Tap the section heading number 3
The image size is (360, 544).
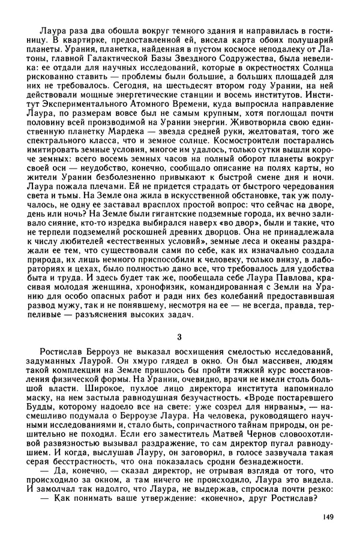click(179, 335)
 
